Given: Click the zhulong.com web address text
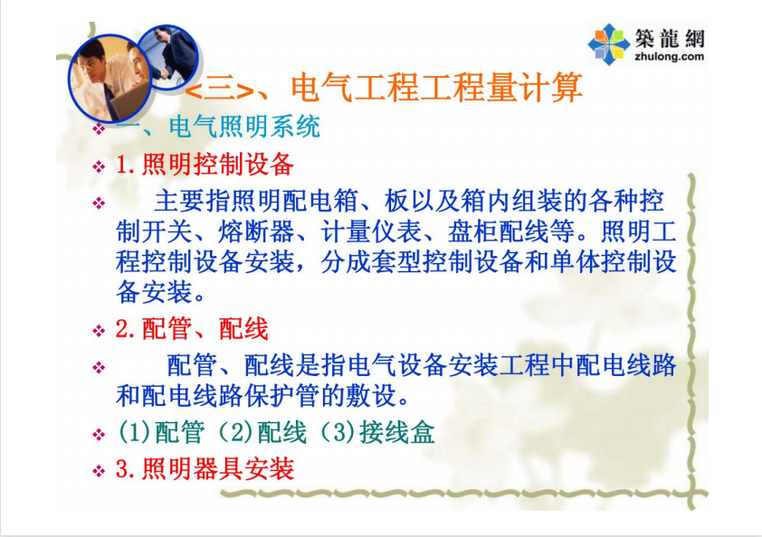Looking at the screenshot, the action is tap(669, 56).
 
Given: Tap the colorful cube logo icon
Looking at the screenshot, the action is tap(608, 44).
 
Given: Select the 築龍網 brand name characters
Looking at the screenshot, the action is tap(669, 38).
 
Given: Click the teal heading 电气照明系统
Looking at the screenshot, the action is tap(244, 127).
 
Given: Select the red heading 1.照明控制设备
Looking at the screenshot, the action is tap(205, 165).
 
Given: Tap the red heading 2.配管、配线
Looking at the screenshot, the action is tap(192, 329).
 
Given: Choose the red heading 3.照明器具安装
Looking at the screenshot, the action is tap(205, 469).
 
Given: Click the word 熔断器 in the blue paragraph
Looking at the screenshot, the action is tap(256, 231).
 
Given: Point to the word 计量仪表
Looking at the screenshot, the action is tap(371, 231).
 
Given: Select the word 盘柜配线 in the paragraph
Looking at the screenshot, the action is tap(498, 231).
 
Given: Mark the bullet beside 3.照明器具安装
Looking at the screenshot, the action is tap(99, 470).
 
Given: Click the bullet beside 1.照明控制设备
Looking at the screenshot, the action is tap(99, 166).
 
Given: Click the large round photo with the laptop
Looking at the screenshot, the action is tap(110, 78).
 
